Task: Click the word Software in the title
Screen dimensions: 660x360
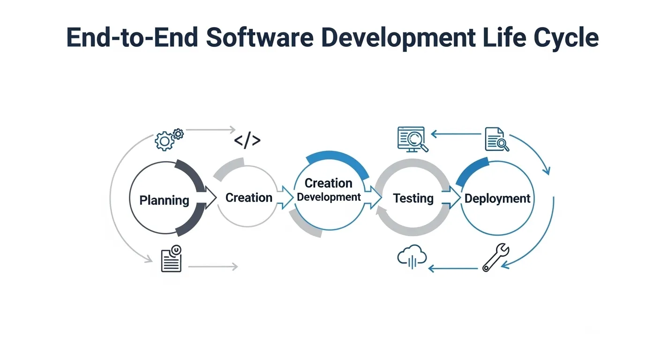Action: (260, 37)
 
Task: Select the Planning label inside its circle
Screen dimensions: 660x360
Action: (164, 200)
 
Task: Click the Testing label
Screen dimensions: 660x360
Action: (413, 198)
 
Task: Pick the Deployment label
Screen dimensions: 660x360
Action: (497, 199)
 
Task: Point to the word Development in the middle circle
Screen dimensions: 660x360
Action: (329, 197)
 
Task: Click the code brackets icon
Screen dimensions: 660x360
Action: (247, 140)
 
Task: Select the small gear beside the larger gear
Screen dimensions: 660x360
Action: (178, 134)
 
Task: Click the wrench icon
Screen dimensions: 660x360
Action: (495, 257)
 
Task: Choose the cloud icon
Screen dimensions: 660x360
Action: (412, 256)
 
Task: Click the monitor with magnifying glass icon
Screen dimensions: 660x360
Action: (412, 139)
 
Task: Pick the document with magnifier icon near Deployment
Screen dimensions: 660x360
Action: (497, 139)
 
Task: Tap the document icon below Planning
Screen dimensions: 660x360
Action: (171, 258)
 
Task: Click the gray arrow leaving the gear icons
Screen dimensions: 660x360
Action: (210, 130)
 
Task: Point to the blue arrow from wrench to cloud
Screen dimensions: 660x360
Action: (453, 269)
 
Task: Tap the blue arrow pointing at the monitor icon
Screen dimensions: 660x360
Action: (456, 134)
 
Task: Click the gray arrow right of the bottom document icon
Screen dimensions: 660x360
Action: (213, 267)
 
